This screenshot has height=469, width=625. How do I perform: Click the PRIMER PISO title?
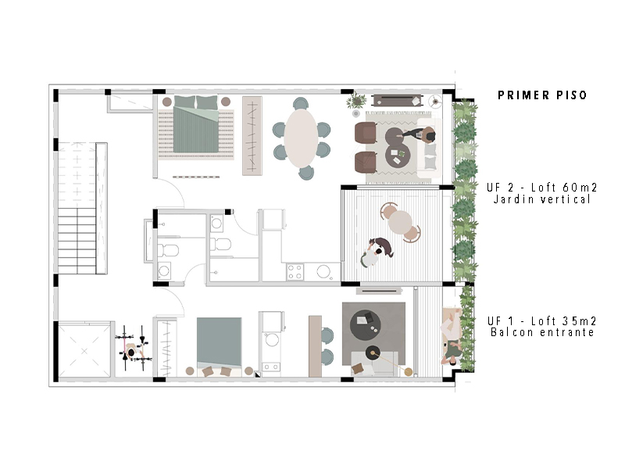542,95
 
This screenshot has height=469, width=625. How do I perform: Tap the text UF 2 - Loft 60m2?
541,187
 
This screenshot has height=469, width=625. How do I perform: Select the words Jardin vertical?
541,199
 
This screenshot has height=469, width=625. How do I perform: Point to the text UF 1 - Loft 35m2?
541,320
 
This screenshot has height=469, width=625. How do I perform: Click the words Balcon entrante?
542,332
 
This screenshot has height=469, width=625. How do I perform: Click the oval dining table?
301,138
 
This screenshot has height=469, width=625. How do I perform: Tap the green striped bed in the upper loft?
196,124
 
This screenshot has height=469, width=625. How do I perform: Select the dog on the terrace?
382,245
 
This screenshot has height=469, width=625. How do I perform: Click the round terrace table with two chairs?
401,222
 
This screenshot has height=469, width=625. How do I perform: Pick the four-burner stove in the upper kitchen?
295,272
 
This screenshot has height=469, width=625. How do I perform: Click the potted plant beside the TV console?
356,101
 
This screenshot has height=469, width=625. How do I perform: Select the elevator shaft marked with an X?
84,350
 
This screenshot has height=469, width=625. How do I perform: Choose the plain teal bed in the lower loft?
219,342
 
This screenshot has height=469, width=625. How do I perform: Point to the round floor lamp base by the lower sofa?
408,372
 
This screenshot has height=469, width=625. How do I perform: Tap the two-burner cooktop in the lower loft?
270,367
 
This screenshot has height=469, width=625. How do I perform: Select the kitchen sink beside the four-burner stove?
323,272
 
